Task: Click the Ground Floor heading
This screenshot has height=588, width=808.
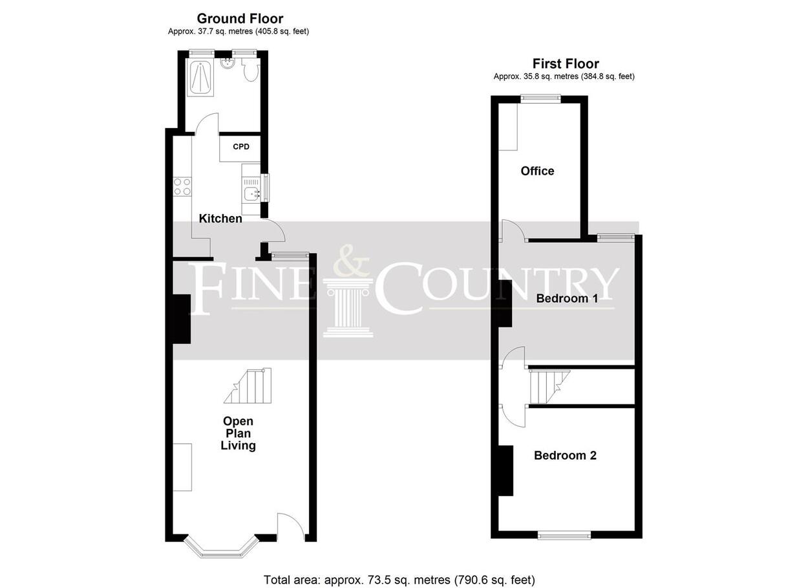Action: tap(240, 18)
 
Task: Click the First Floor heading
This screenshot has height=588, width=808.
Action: tap(566, 64)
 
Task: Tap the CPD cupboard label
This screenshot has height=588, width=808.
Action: tap(241, 147)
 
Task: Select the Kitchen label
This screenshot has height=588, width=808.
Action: tap(220, 219)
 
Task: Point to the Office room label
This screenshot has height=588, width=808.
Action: tap(537, 171)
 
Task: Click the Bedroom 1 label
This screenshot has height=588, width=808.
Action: tap(567, 298)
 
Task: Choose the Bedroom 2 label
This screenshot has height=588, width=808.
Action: tap(565, 455)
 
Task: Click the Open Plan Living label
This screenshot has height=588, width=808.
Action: tap(238, 433)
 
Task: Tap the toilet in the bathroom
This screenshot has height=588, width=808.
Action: tap(250, 70)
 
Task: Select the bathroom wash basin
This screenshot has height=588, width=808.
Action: tap(228, 64)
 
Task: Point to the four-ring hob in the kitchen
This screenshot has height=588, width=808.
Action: tap(182, 186)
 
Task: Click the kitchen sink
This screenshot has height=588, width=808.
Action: tap(251, 193)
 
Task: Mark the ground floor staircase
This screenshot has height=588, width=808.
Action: tap(248, 386)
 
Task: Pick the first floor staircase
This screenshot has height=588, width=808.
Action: tap(549, 386)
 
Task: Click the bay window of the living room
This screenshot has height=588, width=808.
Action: tap(222, 547)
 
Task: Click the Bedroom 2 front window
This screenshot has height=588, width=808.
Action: tap(564, 535)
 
